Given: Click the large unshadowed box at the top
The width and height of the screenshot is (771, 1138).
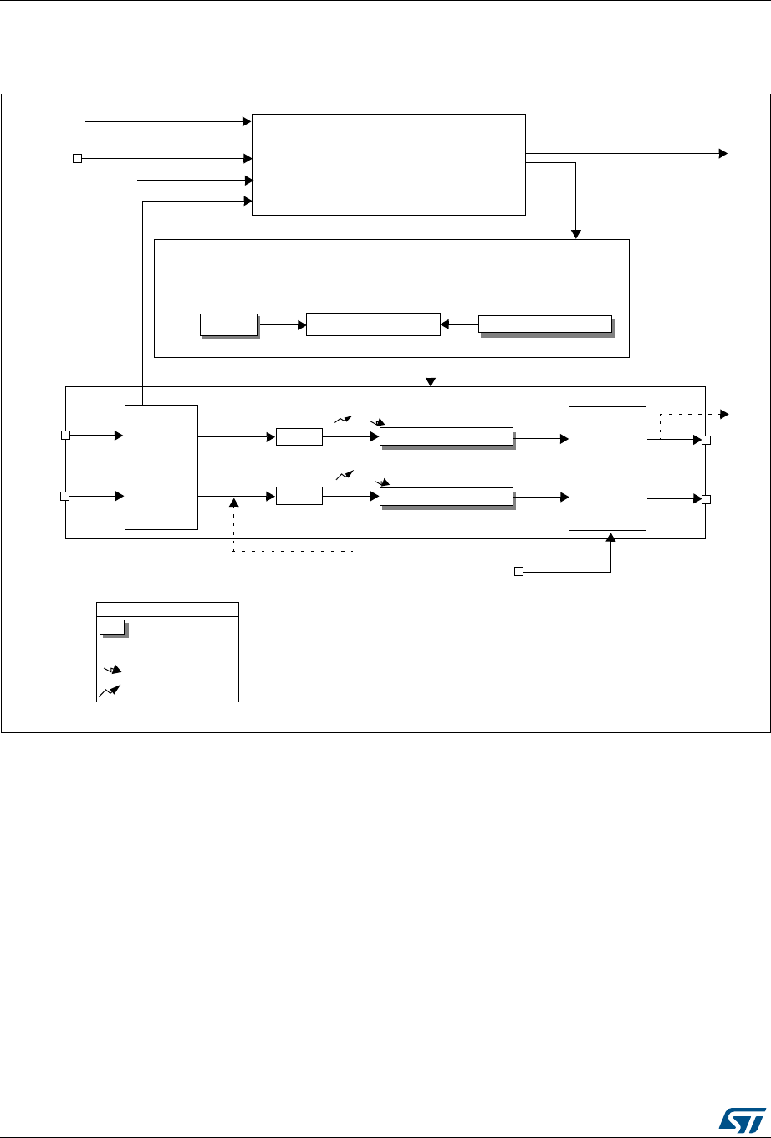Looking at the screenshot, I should coord(389,165).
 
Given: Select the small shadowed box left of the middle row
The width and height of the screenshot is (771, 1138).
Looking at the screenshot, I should coord(228,324).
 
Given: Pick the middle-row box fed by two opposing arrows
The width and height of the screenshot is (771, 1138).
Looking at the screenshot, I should coord(373,324).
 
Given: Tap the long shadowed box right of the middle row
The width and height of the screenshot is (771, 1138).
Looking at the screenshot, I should coord(544,324).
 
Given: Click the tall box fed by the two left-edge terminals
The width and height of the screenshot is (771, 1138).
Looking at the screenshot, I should coord(161,467).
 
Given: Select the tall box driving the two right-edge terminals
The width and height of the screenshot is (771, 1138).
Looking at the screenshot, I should coord(607,467).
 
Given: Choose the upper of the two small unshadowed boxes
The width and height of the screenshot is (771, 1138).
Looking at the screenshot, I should coord(299,436).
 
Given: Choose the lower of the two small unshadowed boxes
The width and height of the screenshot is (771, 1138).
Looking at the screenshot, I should coord(299,496).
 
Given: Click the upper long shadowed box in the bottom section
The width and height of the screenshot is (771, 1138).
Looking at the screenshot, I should coord(446,436).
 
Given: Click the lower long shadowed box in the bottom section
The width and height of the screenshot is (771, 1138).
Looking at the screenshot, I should coord(446,497).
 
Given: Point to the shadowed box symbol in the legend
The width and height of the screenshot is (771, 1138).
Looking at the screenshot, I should coord(112,627).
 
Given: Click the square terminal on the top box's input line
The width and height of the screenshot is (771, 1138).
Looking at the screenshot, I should coord(76,157).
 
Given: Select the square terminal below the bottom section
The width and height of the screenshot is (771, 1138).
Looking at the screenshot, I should coord(518,572).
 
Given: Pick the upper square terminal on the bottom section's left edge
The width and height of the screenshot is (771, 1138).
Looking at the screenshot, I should coord(66,436).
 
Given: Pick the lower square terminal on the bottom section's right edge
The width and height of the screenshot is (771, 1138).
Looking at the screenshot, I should coord(706,499).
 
